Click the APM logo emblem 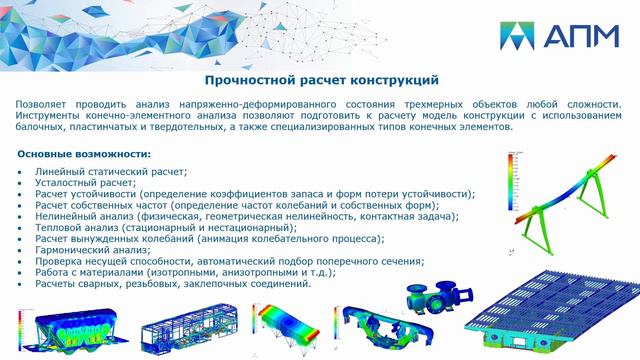pos(523,37)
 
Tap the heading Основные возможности pos(85,154)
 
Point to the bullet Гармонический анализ pos(98,250)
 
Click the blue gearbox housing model pos(429,301)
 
